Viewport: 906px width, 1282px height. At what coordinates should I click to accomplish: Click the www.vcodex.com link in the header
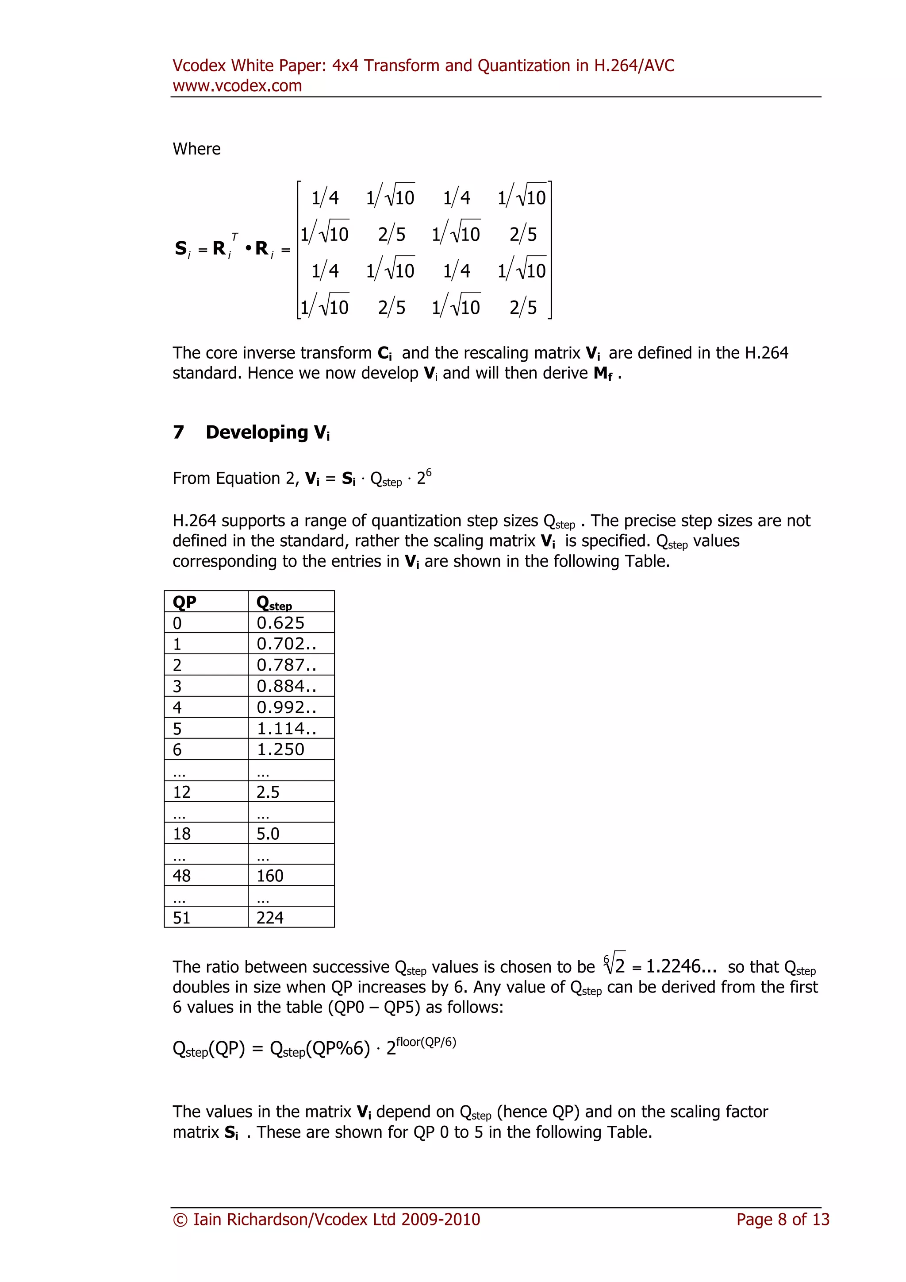(237, 86)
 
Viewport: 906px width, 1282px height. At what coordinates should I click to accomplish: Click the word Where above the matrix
(196, 149)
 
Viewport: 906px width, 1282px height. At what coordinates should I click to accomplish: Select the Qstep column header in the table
(274, 602)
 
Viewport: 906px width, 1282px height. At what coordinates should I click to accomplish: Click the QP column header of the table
(184, 602)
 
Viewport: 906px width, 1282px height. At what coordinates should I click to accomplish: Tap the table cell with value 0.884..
(286, 686)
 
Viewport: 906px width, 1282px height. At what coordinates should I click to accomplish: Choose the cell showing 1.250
(280, 749)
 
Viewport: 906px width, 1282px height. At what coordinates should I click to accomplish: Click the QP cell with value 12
(182, 792)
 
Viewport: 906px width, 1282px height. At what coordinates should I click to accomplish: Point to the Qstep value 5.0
(268, 834)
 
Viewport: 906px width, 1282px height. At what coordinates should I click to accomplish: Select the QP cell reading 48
(182, 876)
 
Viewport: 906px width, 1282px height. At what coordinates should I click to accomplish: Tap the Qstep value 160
(270, 876)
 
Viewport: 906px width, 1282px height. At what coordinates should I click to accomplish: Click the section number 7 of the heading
(179, 432)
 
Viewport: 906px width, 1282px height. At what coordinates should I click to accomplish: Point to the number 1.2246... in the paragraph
(681, 966)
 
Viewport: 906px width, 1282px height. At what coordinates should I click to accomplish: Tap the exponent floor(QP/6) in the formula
(426, 1042)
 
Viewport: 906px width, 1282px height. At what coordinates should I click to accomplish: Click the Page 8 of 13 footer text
(783, 1220)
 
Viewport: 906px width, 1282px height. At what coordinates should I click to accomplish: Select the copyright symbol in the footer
(180, 1220)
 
